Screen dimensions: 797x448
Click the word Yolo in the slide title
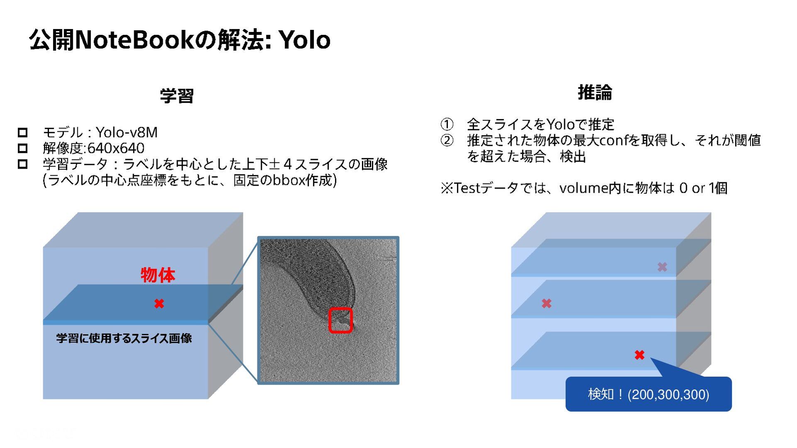coord(304,40)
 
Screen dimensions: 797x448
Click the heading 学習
coord(177,96)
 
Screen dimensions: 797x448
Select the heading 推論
coord(595,92)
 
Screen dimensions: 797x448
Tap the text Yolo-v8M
coord(127,132)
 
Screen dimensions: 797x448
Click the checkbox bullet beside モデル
coord(23,132)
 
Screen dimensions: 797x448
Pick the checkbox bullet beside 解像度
coord(23,148)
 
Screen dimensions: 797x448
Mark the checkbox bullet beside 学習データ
coord(23,164)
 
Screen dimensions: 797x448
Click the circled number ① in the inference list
coord(447,124)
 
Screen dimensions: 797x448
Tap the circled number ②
coord(447,140)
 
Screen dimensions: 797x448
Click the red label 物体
coord(158,275)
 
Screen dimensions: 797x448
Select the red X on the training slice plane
coord(159,304)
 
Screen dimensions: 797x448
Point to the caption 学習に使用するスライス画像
coord(124,338)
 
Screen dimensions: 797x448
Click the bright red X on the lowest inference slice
coord(639,355)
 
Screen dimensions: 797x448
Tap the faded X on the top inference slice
coord(663,267)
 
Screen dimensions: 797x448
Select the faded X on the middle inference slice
coord(547,304)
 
